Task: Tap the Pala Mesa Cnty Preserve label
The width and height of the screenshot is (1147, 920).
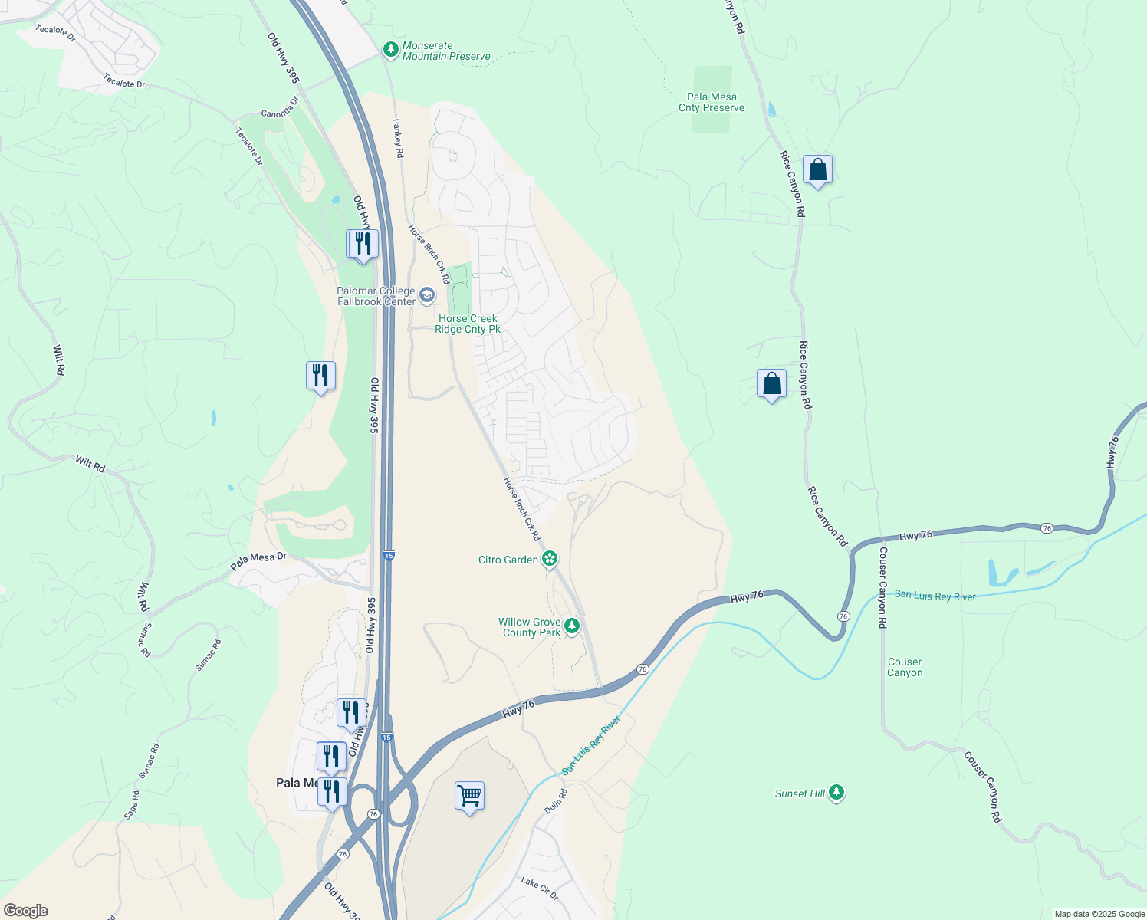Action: pyautogui.click(x=712, y=103)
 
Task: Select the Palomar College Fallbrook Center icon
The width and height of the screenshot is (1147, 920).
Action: pyautogui.click(x=427, y=295)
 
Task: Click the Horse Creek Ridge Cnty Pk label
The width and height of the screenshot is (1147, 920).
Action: pyautogui.click(x=468, y=324)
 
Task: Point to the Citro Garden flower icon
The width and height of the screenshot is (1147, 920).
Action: pyautogui.click(x=550, y=559)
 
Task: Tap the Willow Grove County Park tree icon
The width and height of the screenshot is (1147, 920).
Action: pyautogui.click(x=571, y=627)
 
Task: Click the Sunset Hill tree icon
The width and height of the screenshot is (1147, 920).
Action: pyautogui.click(x=836, y=793)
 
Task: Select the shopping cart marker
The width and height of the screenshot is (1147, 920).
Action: pyautogui.click(x=469, y=796)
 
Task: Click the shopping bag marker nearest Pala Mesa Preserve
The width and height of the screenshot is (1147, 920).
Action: pyautogui.click(x=817, y=170)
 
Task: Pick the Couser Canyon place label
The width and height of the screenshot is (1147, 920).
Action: pyautogui.click(x=905, y=667)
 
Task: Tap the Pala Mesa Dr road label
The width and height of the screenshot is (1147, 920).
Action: pyautogui.click(x=258, y=561)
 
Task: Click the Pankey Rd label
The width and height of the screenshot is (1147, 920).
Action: pyautogui.click(x=398, y=138)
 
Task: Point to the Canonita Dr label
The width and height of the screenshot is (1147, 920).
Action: pyautogui.click(x=280, y=108)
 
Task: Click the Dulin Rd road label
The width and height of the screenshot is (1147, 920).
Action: pyautogui.click(x=555, y=801)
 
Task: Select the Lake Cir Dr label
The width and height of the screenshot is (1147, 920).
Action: pyautogui.click(x=540, y=888)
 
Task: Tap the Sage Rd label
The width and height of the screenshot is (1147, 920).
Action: pyautogui.click(x=132, y=805)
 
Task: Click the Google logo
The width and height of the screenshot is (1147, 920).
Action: pyautogui.click(x=25, y=911)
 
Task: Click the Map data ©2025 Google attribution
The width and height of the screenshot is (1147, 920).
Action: pyautogui.click(x=1099, y=914)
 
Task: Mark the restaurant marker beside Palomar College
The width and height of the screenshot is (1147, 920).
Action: pyautogui.click(x=363, y=245)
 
